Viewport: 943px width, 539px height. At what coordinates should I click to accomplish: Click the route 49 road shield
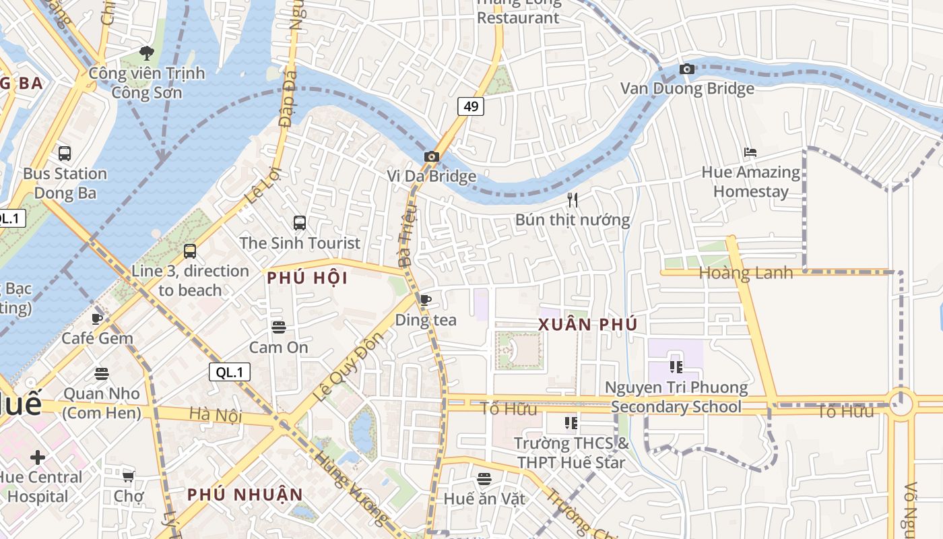471,106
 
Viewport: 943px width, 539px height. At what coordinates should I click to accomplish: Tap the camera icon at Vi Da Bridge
432,157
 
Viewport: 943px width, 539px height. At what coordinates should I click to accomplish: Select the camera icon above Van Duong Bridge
687,69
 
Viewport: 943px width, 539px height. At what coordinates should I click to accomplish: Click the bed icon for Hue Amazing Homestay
750,152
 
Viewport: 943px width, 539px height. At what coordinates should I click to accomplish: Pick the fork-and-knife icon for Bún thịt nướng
573,199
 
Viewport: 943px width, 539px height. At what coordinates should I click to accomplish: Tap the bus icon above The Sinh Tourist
300,222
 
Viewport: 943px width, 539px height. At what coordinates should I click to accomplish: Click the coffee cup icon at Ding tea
425,300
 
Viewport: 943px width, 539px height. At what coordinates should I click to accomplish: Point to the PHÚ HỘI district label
307,278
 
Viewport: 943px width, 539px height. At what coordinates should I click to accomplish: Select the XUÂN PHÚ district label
587,325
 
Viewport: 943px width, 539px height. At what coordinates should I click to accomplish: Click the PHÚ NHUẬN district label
245,495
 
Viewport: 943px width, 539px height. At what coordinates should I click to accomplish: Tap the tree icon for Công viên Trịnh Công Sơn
146,53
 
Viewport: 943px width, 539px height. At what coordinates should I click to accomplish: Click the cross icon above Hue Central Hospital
38,457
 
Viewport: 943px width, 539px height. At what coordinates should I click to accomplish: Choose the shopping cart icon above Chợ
128,476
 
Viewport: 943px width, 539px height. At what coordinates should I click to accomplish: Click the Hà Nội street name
215,415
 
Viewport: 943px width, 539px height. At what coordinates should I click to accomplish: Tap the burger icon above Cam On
279,327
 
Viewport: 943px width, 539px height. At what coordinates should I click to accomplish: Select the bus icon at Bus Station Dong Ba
65,154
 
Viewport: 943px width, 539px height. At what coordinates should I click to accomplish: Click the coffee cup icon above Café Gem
97,319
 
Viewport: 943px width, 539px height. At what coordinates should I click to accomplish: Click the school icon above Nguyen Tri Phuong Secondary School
676,367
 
